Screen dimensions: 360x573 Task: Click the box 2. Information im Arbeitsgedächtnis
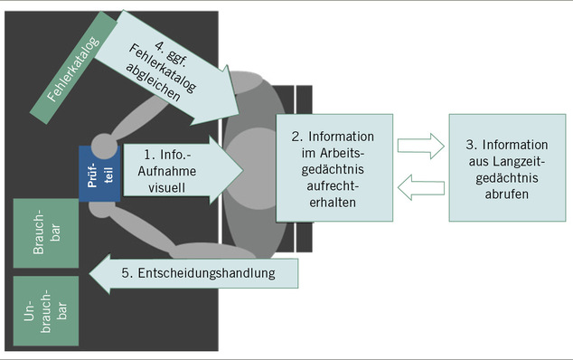(x=333, y=168)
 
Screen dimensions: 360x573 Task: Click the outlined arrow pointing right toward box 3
(x=421, y=145)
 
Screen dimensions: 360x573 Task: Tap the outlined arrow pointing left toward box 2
(x=421, y=190)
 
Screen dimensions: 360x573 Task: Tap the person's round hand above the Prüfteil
(x=106, y=145)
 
